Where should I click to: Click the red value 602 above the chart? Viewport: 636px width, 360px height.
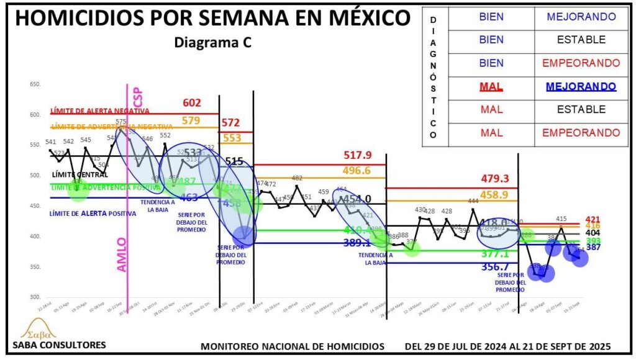pyautogui.click(x=193, y=104)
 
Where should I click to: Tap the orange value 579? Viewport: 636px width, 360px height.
pyautogui.click(x=191, y=121)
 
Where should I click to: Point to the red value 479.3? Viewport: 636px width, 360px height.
pyautogui.click(x=495, y=179)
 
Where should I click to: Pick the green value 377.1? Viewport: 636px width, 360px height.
pyautogui.click(x=494, y=254)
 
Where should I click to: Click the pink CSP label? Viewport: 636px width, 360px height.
pyautogui.click(x=138, y=97)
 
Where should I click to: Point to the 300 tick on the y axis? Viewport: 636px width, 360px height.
pyautogui.click(x=35, y=298)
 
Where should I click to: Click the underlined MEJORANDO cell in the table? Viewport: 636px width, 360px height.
pyautogui.click(x=581, y=86)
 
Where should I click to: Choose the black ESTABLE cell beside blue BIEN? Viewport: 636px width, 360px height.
pyautogui.click(x=581, y=40)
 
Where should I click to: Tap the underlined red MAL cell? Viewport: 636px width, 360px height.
pyautogui.click(x=491, y=86)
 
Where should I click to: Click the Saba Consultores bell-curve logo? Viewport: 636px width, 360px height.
pyautogui.click(x=36, y=328)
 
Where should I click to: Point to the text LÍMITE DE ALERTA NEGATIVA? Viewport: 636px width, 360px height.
pyautogui.click(x=100, y=111)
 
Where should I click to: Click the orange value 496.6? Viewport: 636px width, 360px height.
pyautogui.click(x=357, y=171)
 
